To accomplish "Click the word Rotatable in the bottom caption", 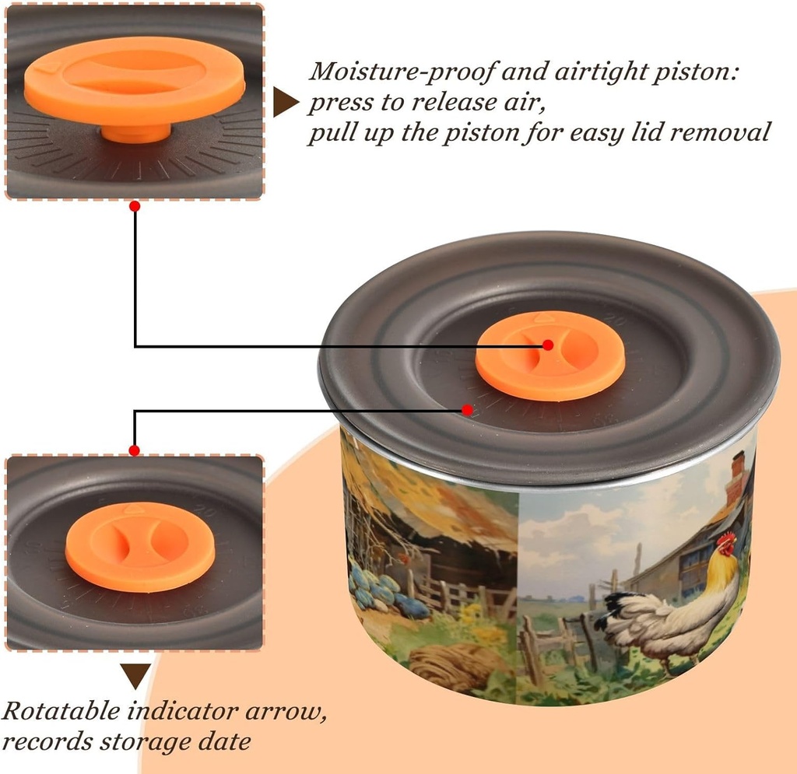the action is [61, 710].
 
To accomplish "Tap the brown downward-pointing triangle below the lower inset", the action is [135, 676].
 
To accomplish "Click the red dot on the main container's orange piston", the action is [547, 345].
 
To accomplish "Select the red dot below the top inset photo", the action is [135, 206].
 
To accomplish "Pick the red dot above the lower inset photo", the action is [134, 450].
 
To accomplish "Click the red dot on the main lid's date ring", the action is [467, 409].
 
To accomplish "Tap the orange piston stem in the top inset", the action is [135, 132].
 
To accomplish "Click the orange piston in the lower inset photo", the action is [140, 547].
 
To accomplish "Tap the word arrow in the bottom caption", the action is [286, 711].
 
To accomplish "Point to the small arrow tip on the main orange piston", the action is [543, 318].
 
